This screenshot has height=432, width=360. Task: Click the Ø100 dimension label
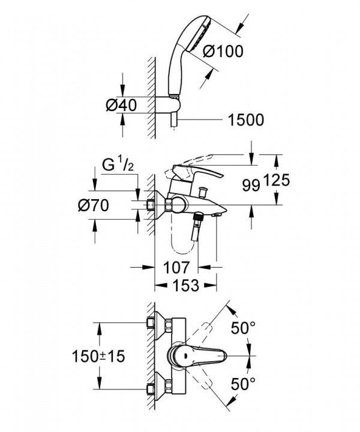(x=223, y=51)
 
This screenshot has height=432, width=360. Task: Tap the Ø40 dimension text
(x=121, y=105)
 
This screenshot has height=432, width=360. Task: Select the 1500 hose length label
(x=246, y=119)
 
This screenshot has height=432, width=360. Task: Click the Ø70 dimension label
(x=94, y=205)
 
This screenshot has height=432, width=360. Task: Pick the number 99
(x=251, y=185)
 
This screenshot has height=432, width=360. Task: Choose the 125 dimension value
(x=276, y=180)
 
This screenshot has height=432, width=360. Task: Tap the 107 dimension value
(x=176, y=267)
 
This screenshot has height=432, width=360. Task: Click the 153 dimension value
(x=185, y=285)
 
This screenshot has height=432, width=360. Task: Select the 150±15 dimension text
(x=98, y=356)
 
